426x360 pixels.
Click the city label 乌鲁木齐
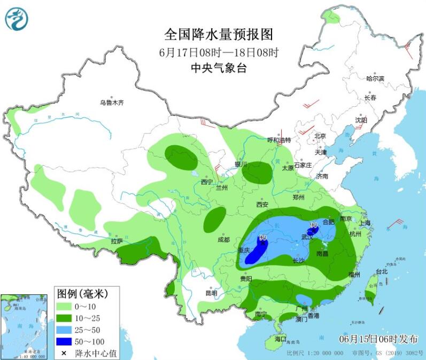[112, 103]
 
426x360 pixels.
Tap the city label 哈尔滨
[375, 79]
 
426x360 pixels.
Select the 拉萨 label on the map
[117, 241]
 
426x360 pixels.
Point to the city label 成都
[223, 239]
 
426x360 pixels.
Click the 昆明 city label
[212, 293]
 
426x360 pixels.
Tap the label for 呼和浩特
[278, 140]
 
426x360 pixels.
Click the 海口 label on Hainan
[281, 340]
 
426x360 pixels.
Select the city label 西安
[261, 204]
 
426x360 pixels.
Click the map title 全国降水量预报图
[218, 35]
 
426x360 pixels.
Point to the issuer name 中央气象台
[218, 68]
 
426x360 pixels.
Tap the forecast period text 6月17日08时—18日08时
[218, 52]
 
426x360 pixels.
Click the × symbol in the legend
[64, 353]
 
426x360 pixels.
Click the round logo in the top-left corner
[16, 19]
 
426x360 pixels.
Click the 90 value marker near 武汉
[314, 225]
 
